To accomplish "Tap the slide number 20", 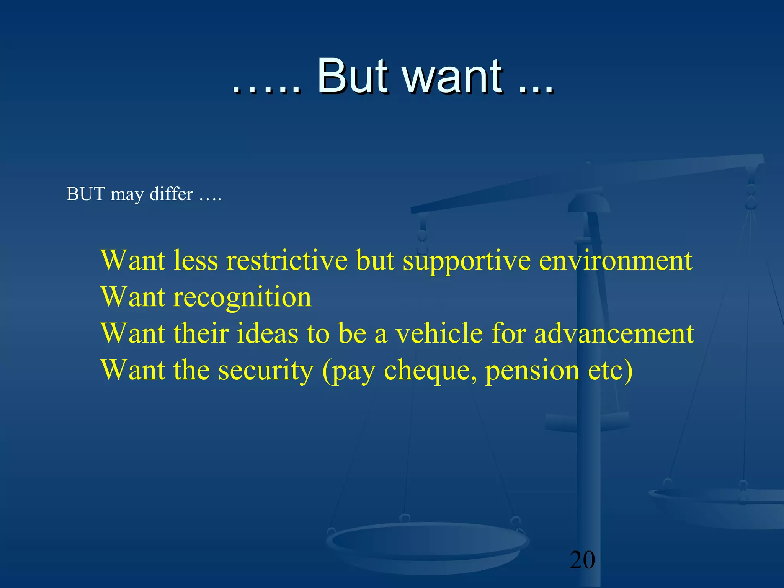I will tap(582, 560).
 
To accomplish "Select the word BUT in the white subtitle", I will tap(86, 194).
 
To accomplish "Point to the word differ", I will tap(171, 194).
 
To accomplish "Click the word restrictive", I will tap(287, 261).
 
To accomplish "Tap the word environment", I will tap(616, 261).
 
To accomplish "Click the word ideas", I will tap(267, 333).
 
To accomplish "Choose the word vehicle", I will tap(439, 333).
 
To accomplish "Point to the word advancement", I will tap(614, 333).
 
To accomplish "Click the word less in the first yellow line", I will tap(195, 261).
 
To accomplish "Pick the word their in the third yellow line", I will tap(201, 333).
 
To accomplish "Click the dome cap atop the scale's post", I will tap(588, 203).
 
